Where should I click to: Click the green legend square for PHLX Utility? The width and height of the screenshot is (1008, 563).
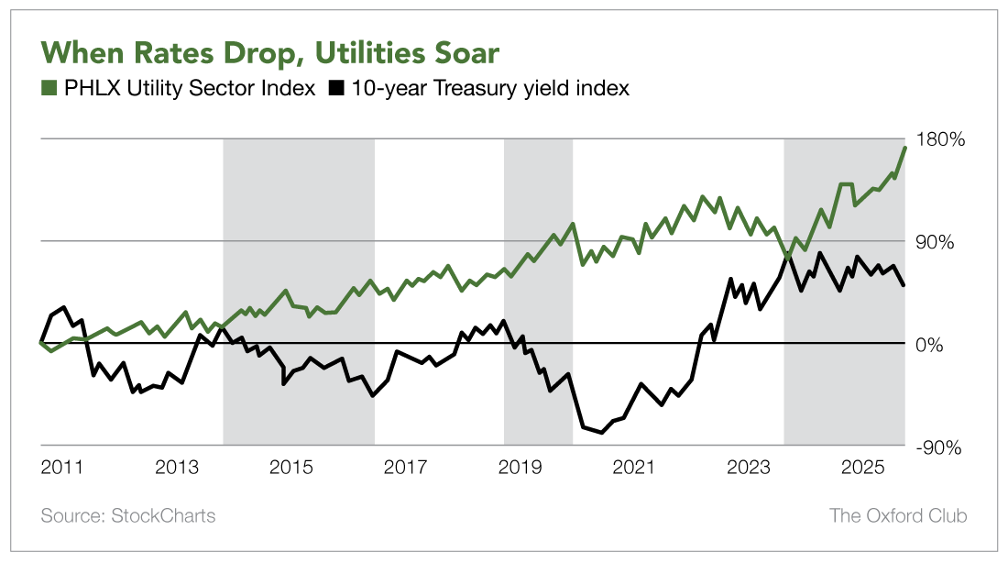click(x=49, y=89)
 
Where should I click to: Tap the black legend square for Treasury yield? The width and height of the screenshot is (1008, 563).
click(x=336, y=89)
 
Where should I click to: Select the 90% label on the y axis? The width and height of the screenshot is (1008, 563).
click(x=937, y=243)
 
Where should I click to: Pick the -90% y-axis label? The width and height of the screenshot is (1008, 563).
click(x=940, y=447)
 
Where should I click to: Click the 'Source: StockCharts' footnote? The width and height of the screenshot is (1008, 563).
click(x=128, y=515)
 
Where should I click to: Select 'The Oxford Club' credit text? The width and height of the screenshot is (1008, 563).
click(x=897, y=515)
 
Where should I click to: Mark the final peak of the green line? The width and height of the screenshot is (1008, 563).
click(x=905, y=148)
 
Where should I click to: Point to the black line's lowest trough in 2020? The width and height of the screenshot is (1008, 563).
click(x=601, y=432)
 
